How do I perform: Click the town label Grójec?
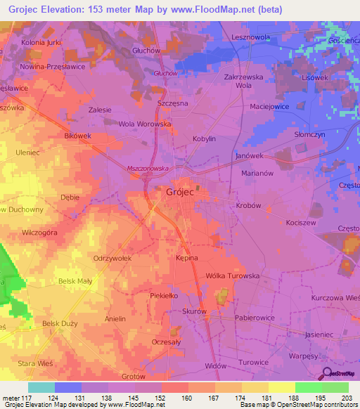click(181, 191)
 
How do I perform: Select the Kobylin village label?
click(204, 139)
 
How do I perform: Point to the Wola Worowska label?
click(145, 124)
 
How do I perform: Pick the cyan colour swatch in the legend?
click(41, 387)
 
